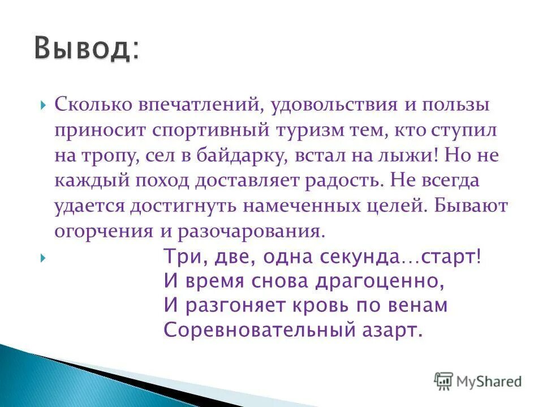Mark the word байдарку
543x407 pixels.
pyautogui.click(x=240, y=155)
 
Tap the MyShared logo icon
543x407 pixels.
pyautogui.click(x=444, y=382)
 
